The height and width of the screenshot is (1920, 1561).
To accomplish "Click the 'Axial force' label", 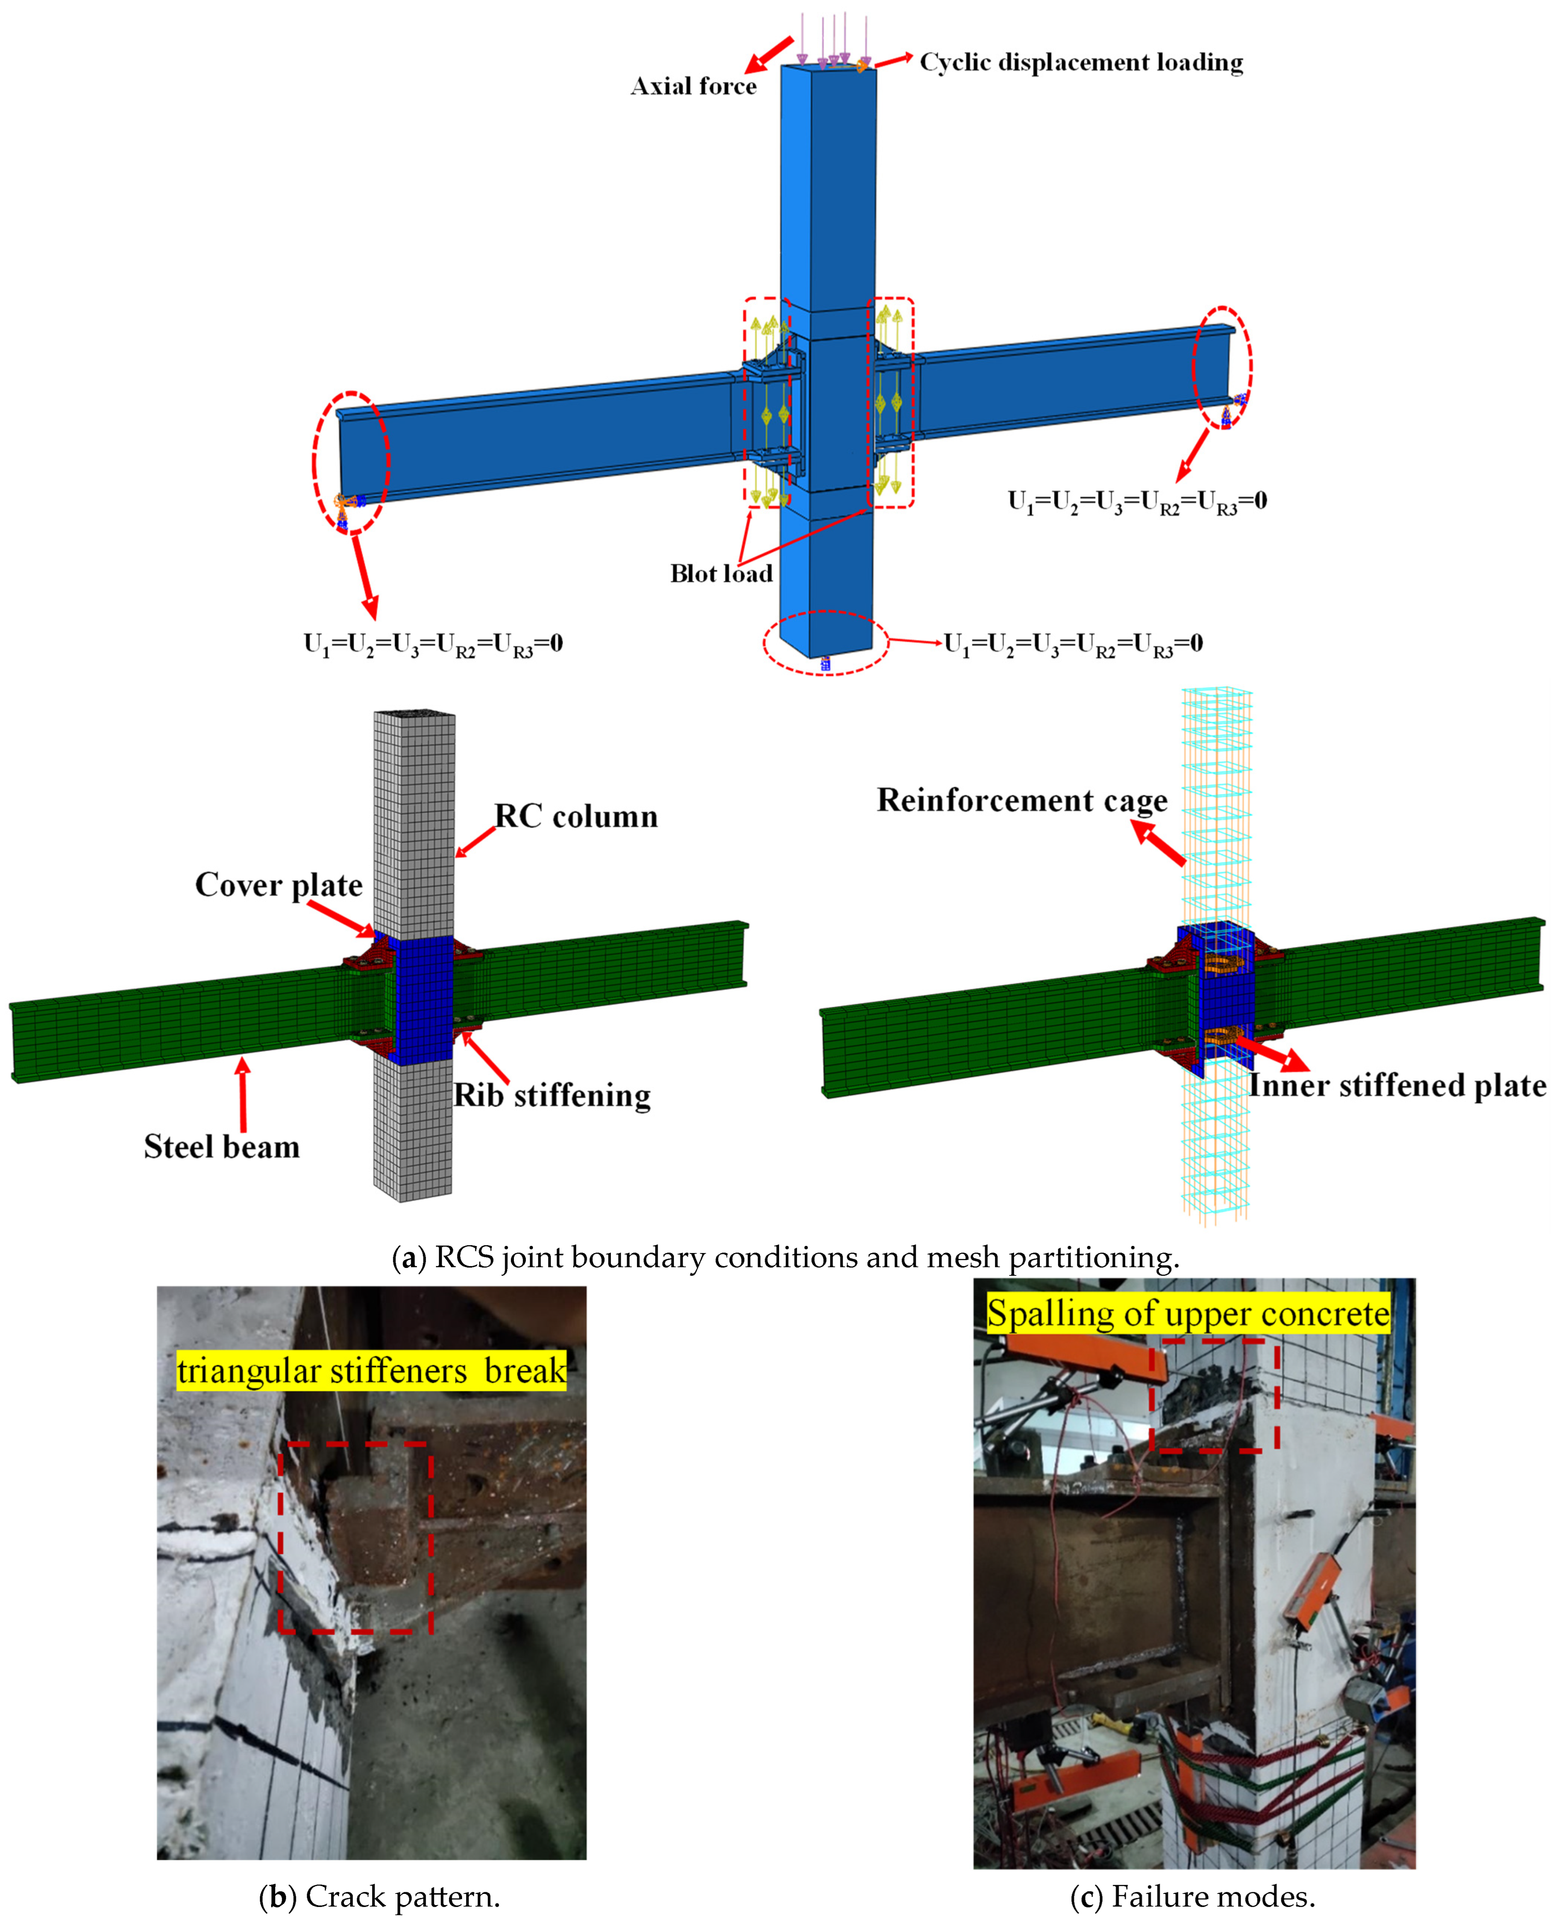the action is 693,86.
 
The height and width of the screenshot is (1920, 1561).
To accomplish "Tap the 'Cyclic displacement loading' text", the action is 1081,62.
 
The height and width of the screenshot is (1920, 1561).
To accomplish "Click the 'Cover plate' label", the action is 279,885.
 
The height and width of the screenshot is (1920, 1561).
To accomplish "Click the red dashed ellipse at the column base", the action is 825,642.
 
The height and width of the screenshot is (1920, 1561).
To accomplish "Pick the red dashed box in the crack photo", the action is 355,1538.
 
